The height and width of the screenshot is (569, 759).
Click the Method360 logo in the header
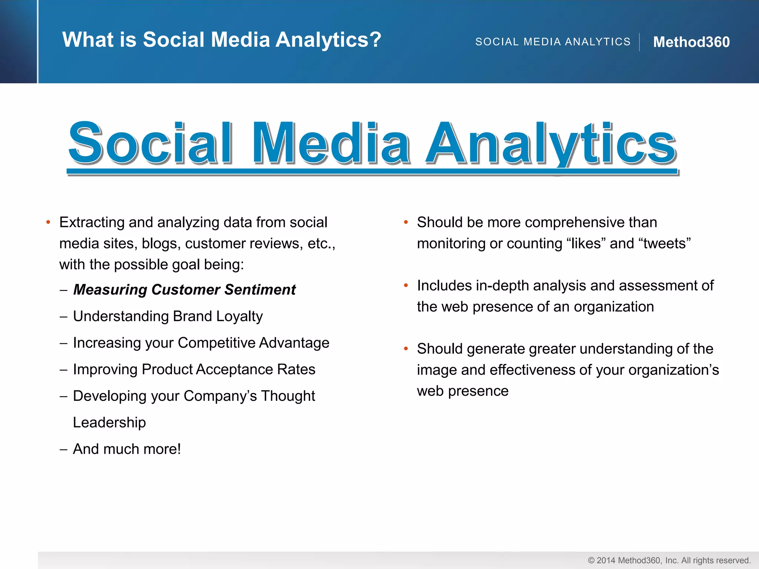[691, 42]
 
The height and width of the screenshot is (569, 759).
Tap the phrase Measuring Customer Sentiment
[184, 290]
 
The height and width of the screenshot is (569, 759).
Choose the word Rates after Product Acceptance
[296, 369]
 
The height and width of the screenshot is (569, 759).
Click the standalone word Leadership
[109, 423]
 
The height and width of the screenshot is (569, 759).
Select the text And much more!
[127, 449]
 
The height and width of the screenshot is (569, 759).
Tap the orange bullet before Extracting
[48, 222]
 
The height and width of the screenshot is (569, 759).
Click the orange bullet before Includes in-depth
[406, 285]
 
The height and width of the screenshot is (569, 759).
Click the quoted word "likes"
[586, 244]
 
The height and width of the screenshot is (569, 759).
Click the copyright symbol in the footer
[591, 560]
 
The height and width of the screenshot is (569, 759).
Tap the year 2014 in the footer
[606, 560]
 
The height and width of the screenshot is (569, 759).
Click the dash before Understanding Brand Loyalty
[63, 317]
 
